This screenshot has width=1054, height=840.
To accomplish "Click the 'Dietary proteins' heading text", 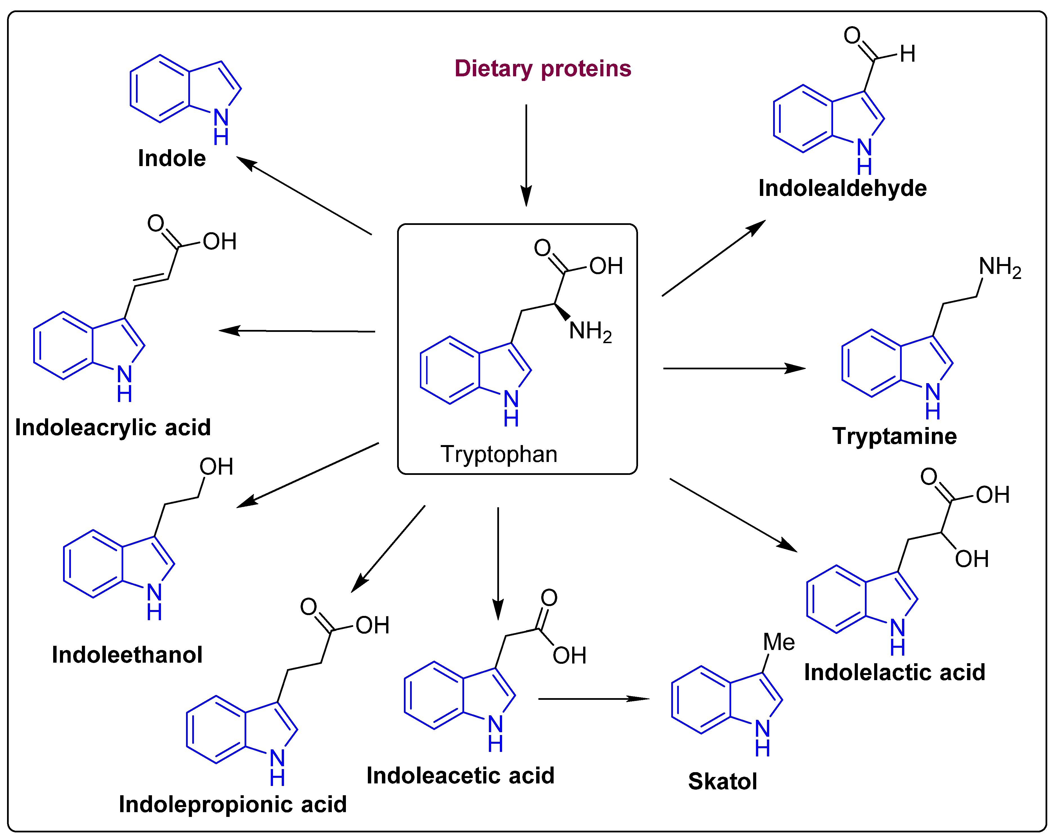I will tap(543, 68).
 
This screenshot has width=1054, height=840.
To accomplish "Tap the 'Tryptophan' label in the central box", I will tap(499, 454).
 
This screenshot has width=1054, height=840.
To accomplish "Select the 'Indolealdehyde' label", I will tap(842, 188).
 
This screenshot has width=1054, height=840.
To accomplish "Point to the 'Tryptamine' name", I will tap(894, 436).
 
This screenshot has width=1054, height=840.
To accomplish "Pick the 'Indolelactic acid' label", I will tap(894, 672).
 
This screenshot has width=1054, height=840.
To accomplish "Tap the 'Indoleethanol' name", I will tap(127, 655).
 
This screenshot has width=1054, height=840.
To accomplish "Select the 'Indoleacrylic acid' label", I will tap(113, 427).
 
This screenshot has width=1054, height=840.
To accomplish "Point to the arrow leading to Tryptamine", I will tap(733, 368).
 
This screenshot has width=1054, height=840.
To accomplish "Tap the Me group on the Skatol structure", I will tap(779, 642).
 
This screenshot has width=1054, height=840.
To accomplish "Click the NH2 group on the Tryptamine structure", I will tap(999, 267).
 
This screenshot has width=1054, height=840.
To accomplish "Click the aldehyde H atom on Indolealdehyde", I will tap(907, 54).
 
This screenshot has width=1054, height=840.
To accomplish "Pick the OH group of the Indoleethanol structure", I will tap(216, 467).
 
